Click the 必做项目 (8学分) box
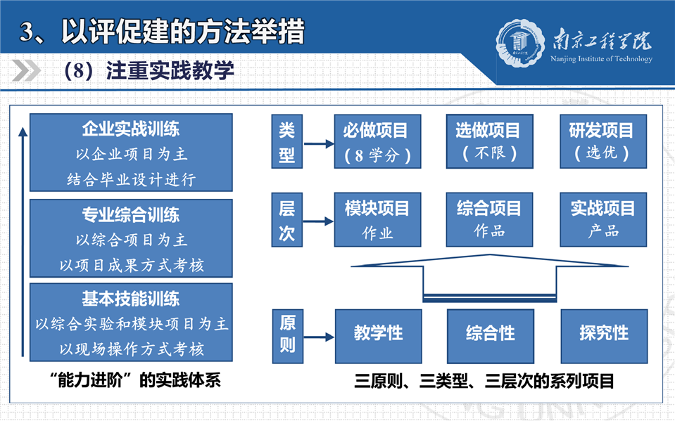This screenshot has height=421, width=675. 377,141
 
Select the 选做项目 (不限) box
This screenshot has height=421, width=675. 489,141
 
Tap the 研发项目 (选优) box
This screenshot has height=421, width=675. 603,141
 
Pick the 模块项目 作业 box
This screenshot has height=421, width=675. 377,220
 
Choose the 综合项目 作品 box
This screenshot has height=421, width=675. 489,220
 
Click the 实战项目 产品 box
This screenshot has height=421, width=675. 603,220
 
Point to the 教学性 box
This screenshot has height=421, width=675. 379,336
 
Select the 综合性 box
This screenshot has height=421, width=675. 491,336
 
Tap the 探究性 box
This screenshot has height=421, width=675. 604,336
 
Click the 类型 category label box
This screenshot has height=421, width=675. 286,141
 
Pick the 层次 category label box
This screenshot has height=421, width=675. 286,220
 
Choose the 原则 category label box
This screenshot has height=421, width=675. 288,336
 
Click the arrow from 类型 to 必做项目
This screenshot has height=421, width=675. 319,144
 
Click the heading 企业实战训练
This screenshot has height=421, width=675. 131,129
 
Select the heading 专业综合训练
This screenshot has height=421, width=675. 131,214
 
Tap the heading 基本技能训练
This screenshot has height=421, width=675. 131,299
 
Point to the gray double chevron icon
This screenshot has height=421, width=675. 26,70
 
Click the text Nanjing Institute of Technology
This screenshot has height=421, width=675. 601,59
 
